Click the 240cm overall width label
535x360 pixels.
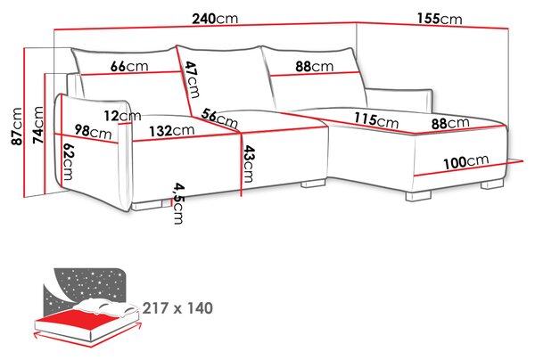click(215, 19)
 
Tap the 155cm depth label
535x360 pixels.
click(440, 19)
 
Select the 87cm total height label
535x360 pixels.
click(17, 127)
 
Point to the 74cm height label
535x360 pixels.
click(37, 125)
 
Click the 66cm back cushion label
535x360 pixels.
click(129, 66)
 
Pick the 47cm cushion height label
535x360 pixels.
click(191, 79)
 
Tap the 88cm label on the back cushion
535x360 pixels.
click(314, 66)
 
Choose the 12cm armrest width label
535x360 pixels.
click(122, 116)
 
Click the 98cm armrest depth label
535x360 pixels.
click(93, 132)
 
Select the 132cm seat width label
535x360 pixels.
click(171, 130)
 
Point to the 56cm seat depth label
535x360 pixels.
click(219, 118)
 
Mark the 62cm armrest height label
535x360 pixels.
click(68, 161)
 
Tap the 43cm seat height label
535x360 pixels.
click(248, 164)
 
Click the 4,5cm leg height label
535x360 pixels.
click(178, 203)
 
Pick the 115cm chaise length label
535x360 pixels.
click(376, 119)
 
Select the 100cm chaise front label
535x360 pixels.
click(466, 161)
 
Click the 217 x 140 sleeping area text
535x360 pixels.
click(177, 307)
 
